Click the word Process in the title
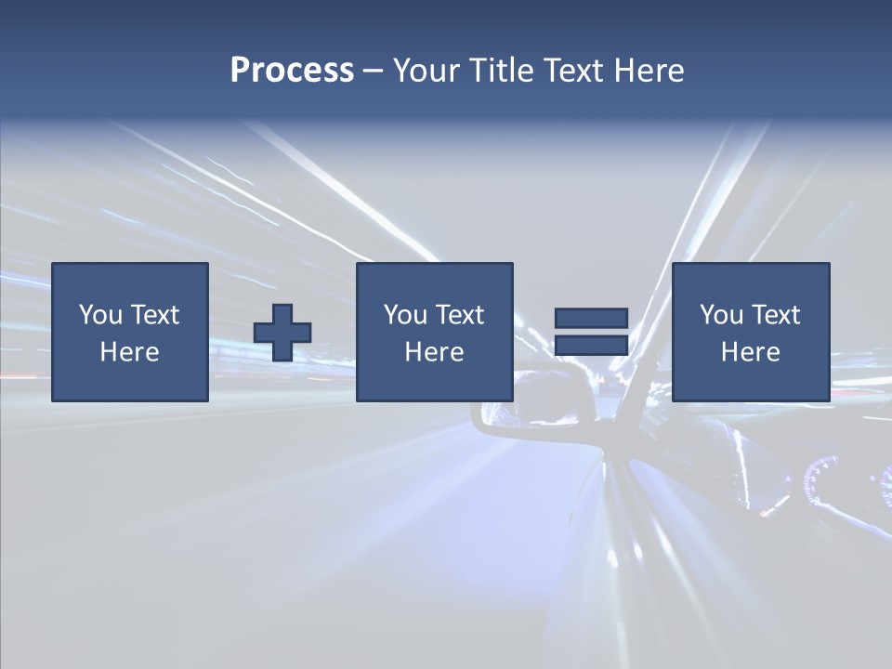292,71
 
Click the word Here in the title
649,71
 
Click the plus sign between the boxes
282,333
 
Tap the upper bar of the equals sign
591,318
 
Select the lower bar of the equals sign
591,346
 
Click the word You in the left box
101,315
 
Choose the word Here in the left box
129,352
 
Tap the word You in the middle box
406,315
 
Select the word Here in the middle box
434,352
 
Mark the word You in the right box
722,315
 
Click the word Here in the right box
750,352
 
